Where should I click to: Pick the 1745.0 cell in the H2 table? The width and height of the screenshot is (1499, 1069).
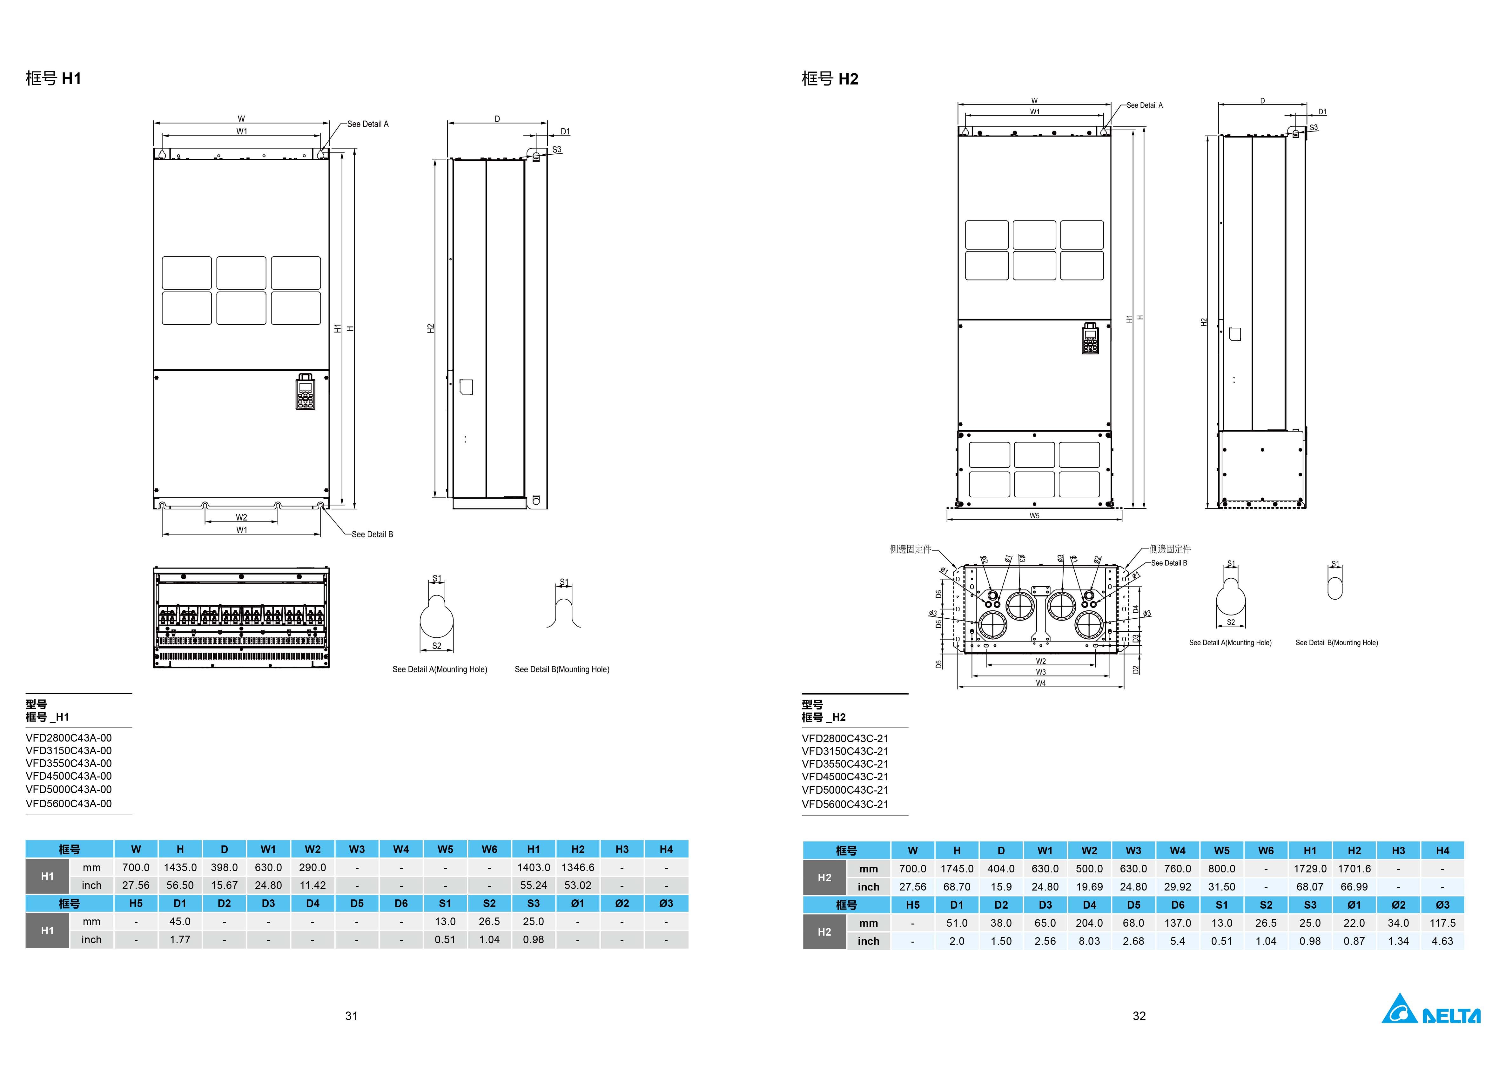pyautogui.click(x=957, y=869)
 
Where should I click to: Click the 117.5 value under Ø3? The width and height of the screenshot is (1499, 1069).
pyautogui.click(x=1442, y=923)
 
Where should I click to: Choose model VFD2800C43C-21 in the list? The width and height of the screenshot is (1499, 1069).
pyautogui.click(x=845, y=739)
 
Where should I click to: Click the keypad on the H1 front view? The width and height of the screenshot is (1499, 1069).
pyautogui.click(x=306, y=392)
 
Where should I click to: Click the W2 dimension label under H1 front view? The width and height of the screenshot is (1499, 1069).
pyautogui.click(x=242, y=517)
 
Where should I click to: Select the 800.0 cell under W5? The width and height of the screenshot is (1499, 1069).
pyautogui.click(x=1222, y=869)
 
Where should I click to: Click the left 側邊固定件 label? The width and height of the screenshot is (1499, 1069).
pyautogui.click(x=911, y=549)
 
